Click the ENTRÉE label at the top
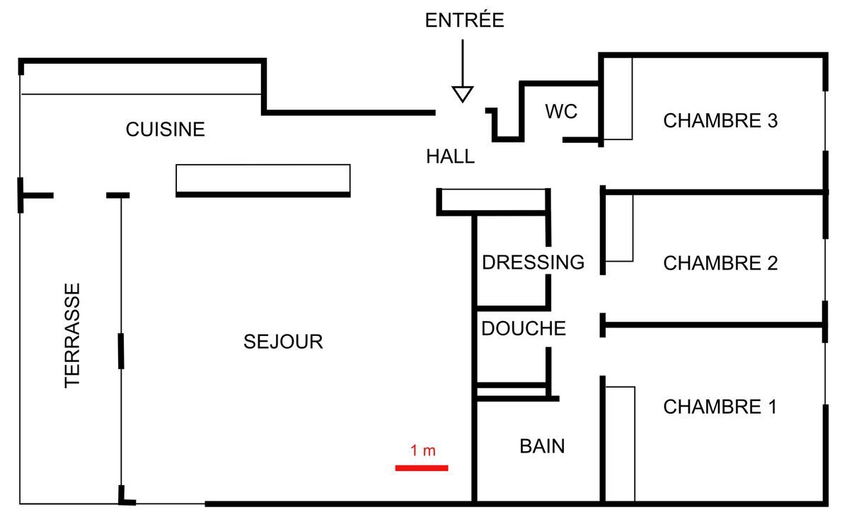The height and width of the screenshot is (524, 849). [x=464, y=21]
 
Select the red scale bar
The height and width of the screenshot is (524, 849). [x=422, y=467]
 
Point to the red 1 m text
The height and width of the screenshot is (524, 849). [x=422, y=450]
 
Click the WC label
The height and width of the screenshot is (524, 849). [x=561, y=112]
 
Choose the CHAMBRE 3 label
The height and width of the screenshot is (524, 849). [x=720, y=121]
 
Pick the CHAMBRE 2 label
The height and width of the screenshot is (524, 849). [x=720, y=264]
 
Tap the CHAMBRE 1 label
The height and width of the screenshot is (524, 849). [x=720, y=407]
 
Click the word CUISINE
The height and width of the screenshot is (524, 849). [x=165, y=129]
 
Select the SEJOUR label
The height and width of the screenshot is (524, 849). [x=283, y=342]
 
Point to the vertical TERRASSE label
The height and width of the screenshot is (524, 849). [x=73, y=335]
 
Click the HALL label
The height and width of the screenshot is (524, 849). [x=450, y=157]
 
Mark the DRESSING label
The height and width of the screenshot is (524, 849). [x=533, y=262]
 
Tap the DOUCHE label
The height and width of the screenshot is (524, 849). [x=524, y=329]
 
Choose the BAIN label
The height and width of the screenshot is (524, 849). [x=542, y=446]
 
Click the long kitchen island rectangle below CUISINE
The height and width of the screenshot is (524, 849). [x=262, y=179]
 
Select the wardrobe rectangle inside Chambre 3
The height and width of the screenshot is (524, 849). [x=617, y=98]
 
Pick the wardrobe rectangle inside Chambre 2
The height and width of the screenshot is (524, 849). [x=618, y=228]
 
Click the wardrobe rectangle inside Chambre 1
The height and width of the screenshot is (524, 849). [x=620, y=444]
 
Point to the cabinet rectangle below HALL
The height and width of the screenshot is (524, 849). [x=493, y=200]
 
